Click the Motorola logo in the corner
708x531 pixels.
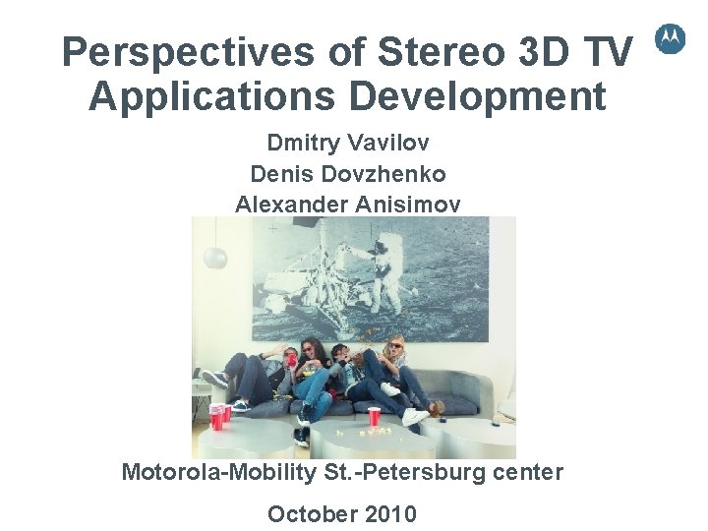pyautogui.click(x=670, y=38)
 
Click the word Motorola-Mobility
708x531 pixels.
pyautogui.click(x=218, y=472)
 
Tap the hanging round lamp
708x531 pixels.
pyautogui.click(x=213, y=258)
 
